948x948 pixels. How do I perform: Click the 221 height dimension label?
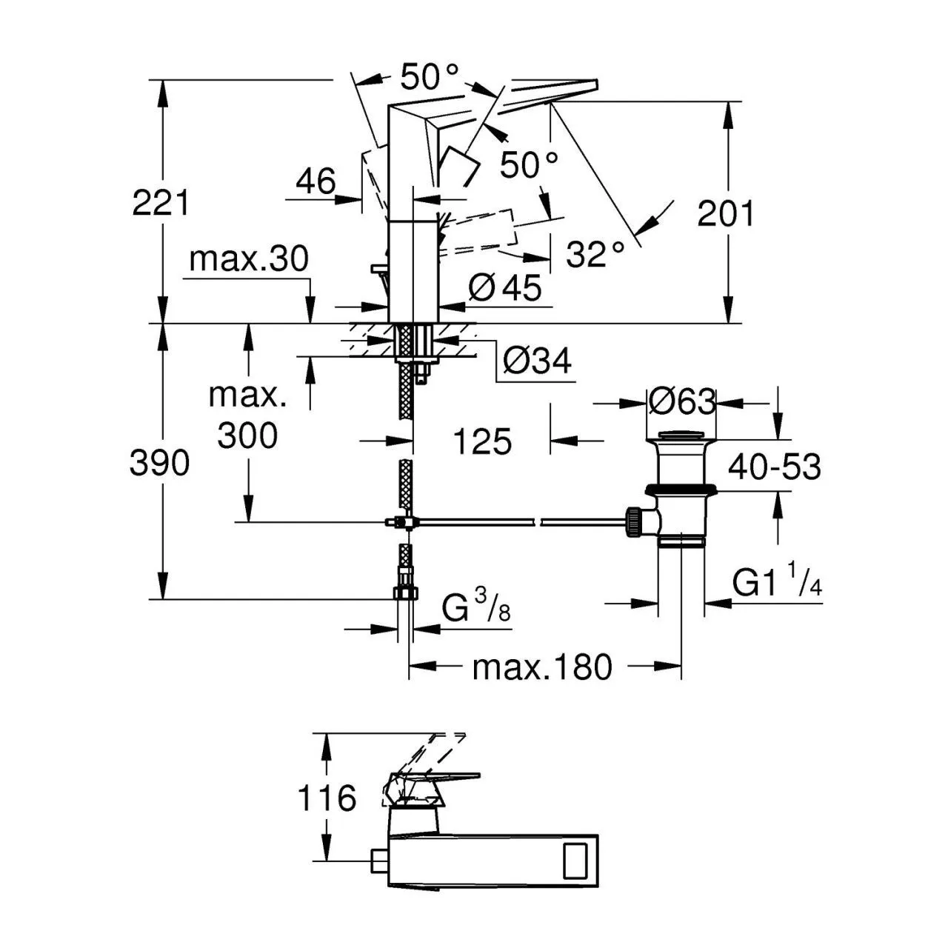tap(161, 202)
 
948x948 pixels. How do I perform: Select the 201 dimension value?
tap(725, 214)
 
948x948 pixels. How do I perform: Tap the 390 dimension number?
tap(160, 464)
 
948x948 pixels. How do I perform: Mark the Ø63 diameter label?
tap(682, 402)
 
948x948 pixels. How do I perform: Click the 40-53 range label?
tap(774, 467)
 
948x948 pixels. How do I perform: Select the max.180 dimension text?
tap(543, 667)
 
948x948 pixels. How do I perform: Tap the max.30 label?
tap(248, 260)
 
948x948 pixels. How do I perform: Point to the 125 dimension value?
tap(482, 442)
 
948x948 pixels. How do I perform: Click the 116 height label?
tap(327, 798)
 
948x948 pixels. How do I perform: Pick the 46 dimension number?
tap(316, 181)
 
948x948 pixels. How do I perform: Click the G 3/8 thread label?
tap(476, 610)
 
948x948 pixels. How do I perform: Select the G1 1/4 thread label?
tap(777, 584)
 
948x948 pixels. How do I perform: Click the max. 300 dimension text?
tap(247, 416)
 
